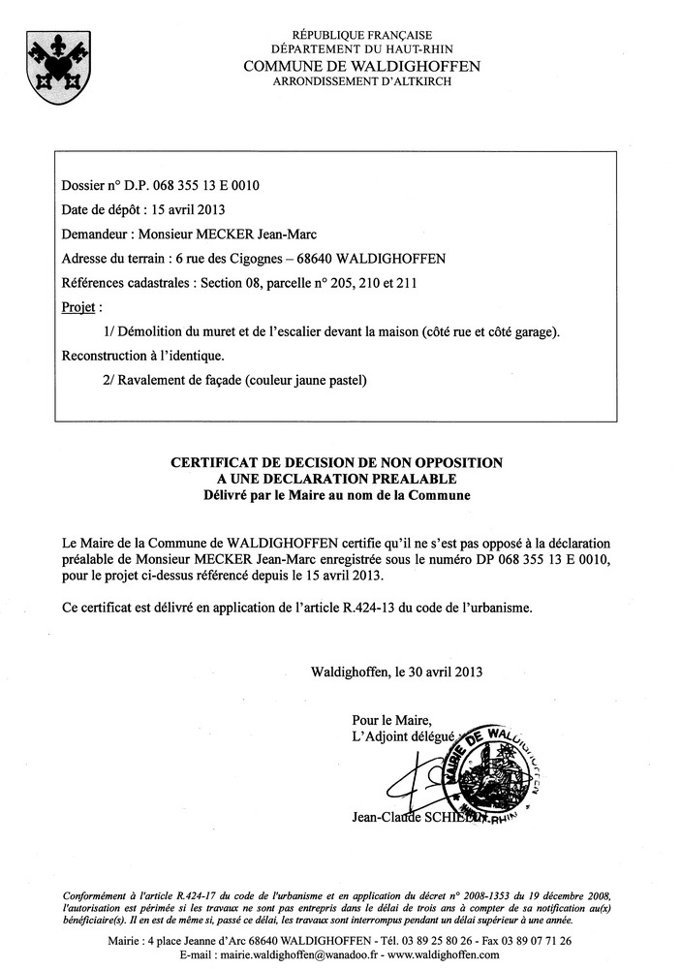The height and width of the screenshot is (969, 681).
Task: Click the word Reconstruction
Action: [x=107, y=356]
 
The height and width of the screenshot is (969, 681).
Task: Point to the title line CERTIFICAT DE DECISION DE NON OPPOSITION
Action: [x=336, y=463]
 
